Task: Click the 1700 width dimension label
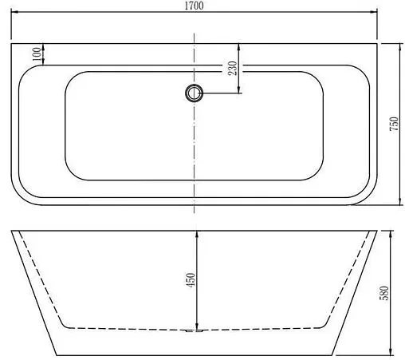coord(195,6)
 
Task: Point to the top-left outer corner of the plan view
coord(12,43)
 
